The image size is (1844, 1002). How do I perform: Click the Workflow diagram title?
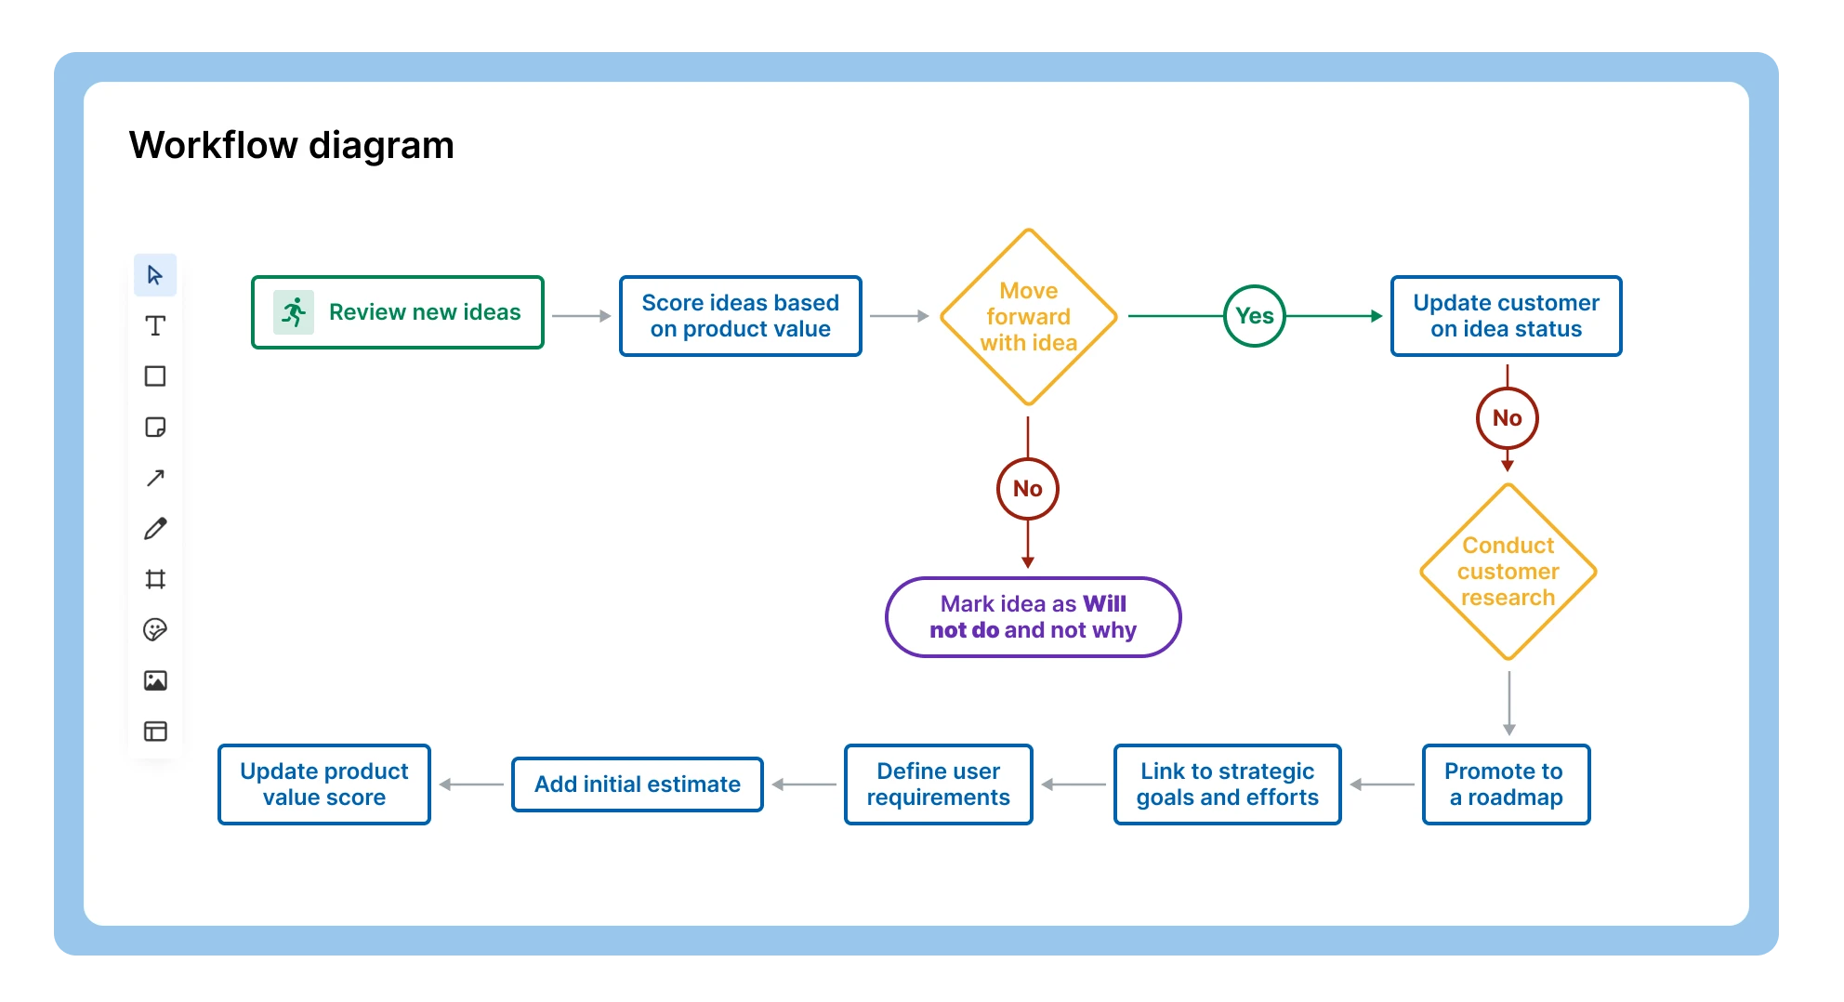(291, 146)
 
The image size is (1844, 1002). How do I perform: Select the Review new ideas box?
(398, 312)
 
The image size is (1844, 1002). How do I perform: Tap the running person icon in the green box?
(294, 312)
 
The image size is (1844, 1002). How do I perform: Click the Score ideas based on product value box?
(740, 316)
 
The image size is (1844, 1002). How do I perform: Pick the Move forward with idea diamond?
(1028, 317)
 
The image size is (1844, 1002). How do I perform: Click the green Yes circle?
(1254, 316)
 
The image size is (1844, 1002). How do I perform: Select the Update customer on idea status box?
(1506, 316)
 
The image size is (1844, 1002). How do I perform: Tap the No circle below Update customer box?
(1507, 418)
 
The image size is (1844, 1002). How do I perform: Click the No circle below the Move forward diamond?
(1027, 489)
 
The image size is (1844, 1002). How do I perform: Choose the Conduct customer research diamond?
(1508, 572)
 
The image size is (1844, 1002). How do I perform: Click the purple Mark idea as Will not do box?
(1033, 617)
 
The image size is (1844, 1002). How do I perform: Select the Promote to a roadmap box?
(1506, 784)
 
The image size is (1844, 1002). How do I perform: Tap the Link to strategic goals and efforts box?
(1227, 784)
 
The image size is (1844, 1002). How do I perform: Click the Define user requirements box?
(938, 784)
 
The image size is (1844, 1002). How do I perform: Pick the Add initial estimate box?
(637, 784)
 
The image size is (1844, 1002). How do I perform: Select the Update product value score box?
(323, 784)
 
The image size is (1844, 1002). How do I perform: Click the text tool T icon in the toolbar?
(155, 325)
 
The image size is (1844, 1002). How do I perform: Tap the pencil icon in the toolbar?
(155, 529)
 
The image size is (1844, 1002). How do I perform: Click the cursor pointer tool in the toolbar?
(155, 275)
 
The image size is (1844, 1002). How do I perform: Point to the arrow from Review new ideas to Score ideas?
(581, 316)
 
